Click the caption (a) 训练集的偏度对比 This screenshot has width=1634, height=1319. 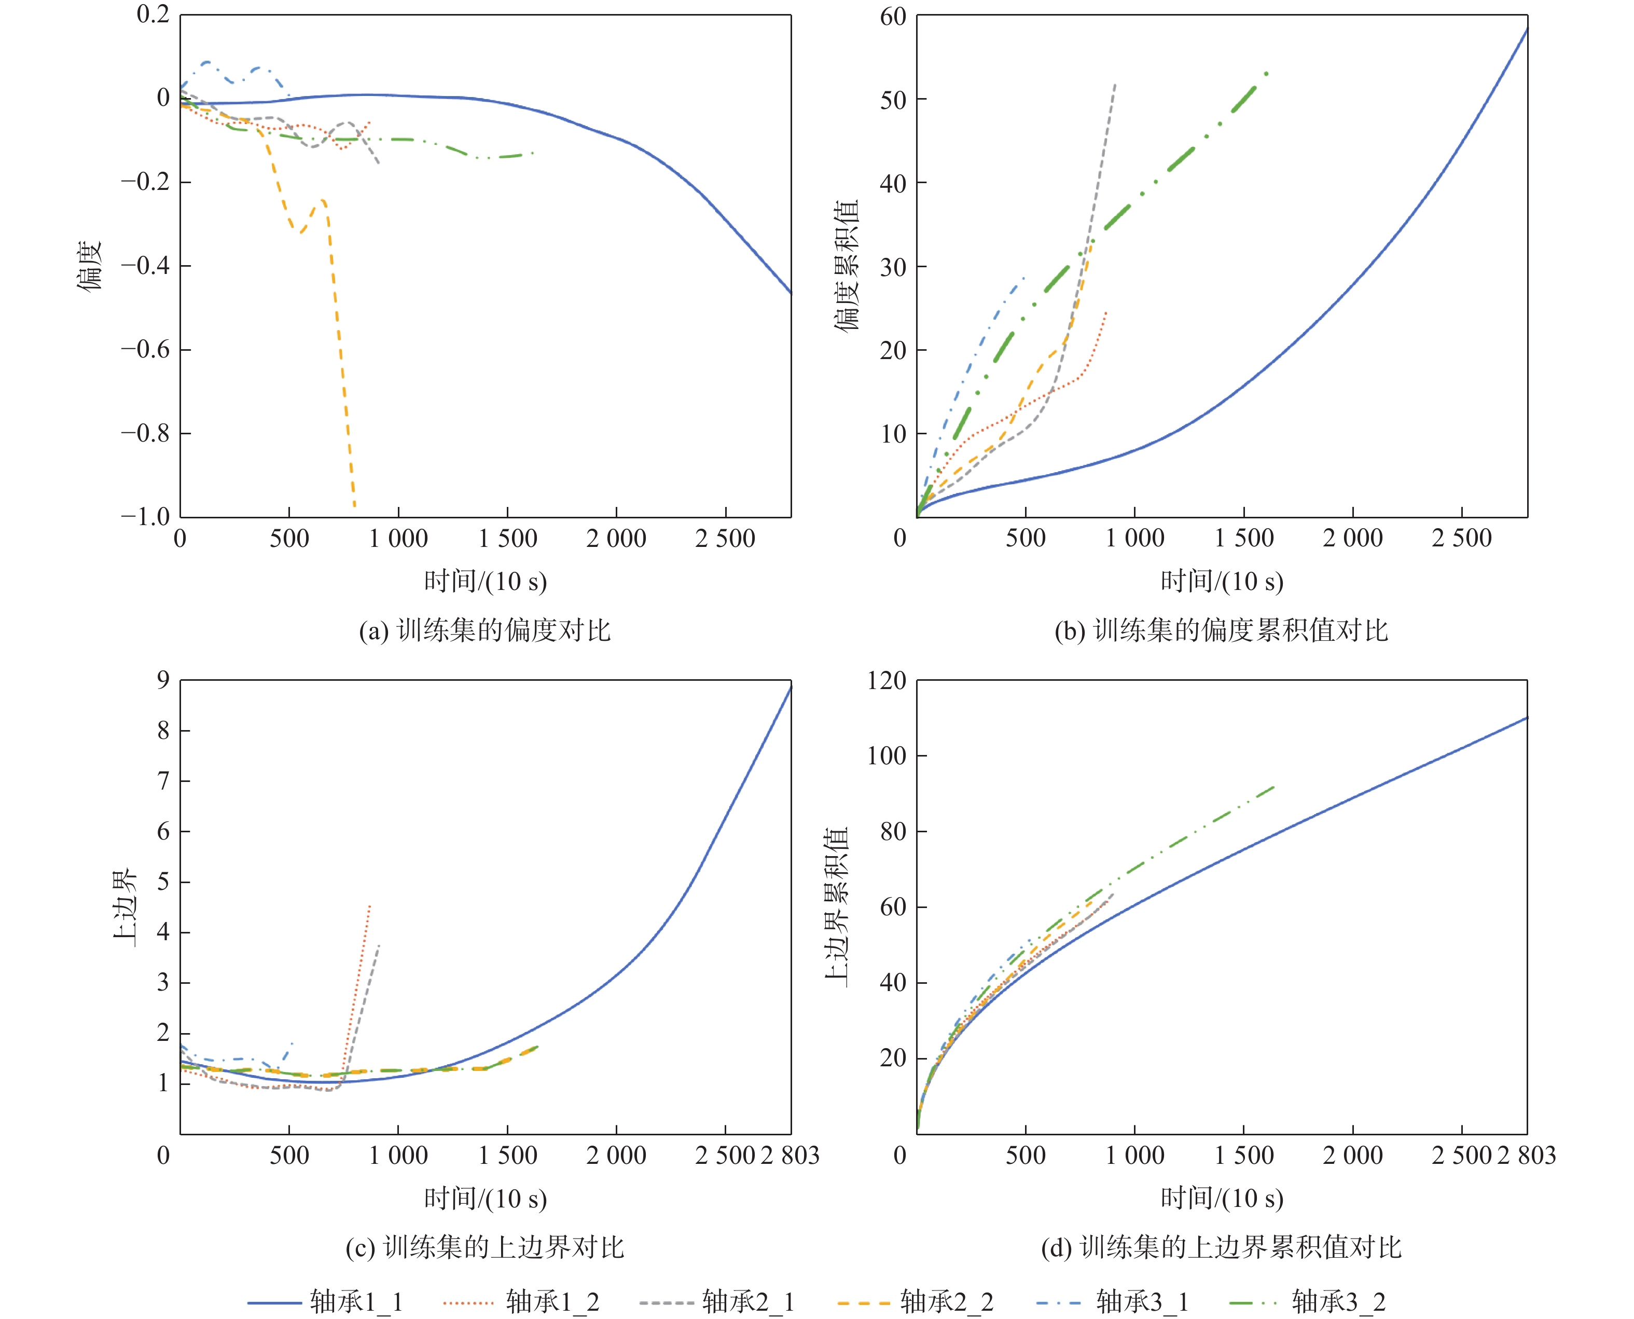coord(484,630)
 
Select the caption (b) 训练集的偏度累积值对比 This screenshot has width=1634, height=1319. coord(1221,630)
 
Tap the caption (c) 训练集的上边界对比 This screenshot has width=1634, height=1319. coord(484,1247)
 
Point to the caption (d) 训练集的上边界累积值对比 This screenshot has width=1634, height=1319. coord(1221,1247)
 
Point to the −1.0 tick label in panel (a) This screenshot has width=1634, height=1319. coord(146,517)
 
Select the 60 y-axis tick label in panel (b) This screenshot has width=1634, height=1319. coord(893,16)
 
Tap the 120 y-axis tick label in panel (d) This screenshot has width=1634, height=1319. coord(887,680)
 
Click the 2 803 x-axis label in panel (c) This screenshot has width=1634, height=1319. coord(790,1156)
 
